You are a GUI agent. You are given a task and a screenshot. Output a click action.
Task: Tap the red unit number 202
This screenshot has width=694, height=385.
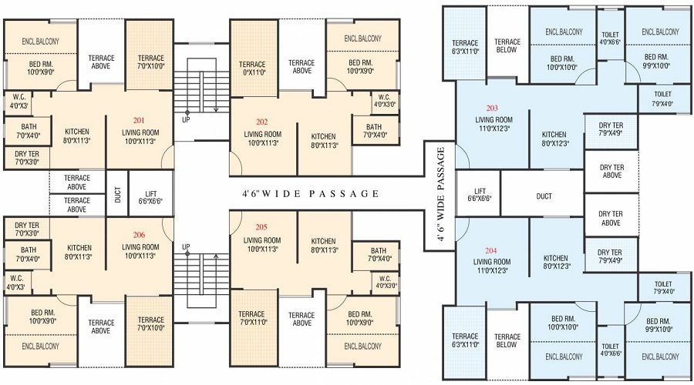261,121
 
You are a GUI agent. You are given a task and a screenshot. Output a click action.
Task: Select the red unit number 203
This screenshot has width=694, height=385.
492,108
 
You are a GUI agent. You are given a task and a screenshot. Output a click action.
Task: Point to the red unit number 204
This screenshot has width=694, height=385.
492,251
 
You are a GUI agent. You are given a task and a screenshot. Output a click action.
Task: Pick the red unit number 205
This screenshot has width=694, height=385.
263,226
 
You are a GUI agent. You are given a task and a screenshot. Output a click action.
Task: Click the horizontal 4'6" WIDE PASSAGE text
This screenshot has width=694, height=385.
305,194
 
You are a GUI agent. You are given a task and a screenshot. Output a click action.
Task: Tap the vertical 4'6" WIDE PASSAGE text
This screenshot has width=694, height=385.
442,196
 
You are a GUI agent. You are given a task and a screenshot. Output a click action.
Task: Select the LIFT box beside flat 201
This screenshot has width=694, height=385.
150,196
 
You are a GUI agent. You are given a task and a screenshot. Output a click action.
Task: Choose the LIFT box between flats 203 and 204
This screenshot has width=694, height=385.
479,194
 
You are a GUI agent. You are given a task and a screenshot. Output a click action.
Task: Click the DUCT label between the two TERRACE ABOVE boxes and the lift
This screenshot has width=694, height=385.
117,196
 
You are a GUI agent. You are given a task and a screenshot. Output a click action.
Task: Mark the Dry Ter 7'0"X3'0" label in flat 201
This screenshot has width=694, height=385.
27,158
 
